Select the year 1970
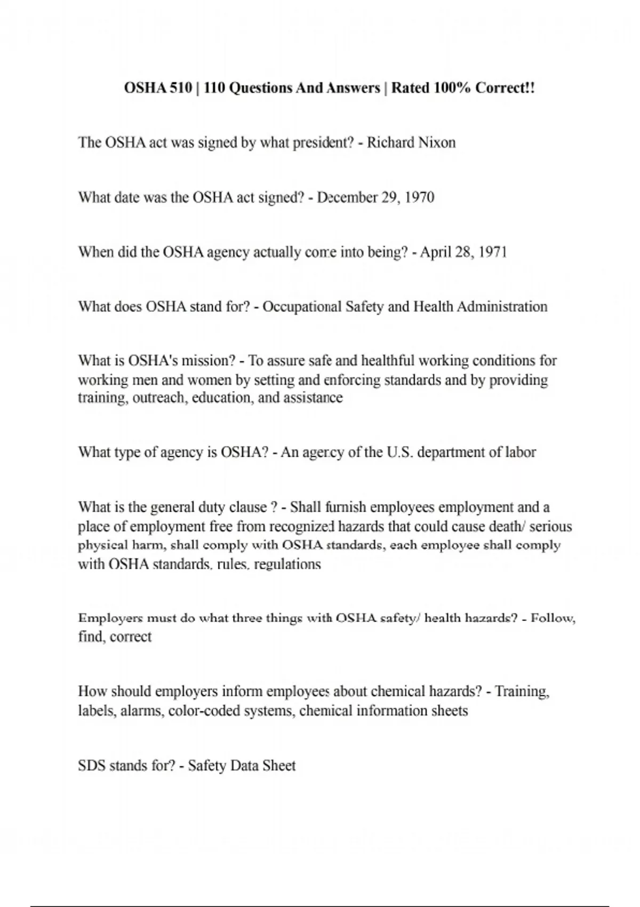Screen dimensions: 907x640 pyautogui.click(x=419, y=197)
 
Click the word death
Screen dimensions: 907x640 pyautogui.click(x=507, y=527)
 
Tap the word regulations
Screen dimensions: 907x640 pyautogui.click(x=287, y=564)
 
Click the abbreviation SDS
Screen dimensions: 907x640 pyautogui.click(x=91, y=766)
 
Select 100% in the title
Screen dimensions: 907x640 pyautogui.click(x=452, y=87)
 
